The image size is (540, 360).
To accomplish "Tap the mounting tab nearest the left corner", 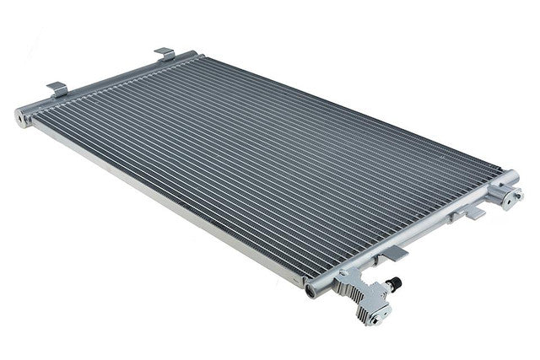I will [57, 88].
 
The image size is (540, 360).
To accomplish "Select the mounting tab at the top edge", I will [164, 55].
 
